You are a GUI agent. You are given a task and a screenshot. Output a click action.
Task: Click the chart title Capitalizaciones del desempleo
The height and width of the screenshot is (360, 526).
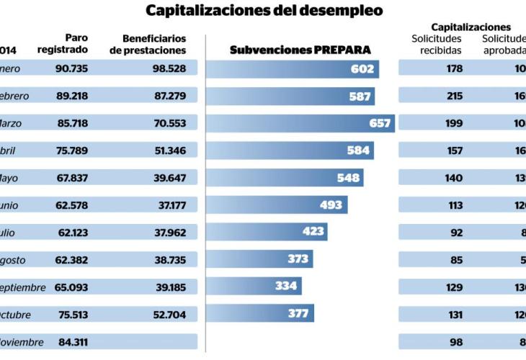[264, 11]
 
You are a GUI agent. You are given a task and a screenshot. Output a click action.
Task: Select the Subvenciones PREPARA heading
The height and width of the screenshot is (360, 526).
[300, 50]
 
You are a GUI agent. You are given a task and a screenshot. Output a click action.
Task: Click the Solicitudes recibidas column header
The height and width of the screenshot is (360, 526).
[436, 44]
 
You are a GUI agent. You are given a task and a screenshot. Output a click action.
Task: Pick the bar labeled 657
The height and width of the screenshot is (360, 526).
[300, 123]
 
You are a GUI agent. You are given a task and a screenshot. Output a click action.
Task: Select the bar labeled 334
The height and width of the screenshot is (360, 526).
[254, 286]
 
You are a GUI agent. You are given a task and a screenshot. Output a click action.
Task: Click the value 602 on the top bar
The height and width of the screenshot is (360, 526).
[362, 69]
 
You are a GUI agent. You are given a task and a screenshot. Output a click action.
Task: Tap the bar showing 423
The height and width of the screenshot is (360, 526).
[267, 232]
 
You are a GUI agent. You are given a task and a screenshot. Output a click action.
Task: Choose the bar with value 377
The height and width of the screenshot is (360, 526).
[260, 313]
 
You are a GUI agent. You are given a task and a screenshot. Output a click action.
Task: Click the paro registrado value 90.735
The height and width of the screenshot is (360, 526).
[72, 69]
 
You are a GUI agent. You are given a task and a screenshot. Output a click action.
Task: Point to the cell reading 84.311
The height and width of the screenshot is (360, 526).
[72, 342]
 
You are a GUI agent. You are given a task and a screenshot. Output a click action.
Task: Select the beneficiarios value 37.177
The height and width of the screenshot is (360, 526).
[172, 205]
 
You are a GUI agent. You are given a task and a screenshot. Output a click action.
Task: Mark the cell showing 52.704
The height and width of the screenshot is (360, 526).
[171, 315]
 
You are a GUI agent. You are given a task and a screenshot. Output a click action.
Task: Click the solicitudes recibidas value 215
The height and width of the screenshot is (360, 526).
[453, 96]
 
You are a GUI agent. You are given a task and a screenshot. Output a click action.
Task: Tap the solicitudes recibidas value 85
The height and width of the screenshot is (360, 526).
[456, 260]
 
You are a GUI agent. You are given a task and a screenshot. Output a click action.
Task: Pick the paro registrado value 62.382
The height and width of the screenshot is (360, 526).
[72, 260]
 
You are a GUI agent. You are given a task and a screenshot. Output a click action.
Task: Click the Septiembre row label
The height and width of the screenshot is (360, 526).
[22, 287]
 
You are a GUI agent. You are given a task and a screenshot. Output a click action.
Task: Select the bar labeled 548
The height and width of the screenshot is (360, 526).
[285, 178]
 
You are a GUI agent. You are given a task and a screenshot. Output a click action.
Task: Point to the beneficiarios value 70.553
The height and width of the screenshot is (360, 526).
[171, 123]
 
